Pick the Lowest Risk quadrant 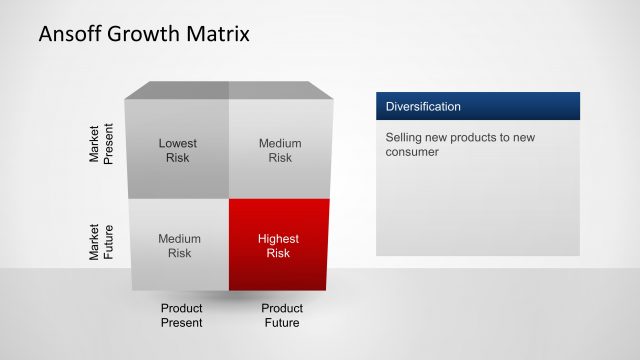[178, 150]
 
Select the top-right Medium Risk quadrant [280, 150]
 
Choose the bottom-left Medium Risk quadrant [179, 246]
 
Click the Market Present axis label [101, 145]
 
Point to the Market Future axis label [101, 243]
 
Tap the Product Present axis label [182, 315]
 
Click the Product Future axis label [282, 315]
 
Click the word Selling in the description [405, 137]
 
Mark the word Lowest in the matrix [178, 143]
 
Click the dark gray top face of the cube [229, 91]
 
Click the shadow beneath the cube [229, 297]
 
